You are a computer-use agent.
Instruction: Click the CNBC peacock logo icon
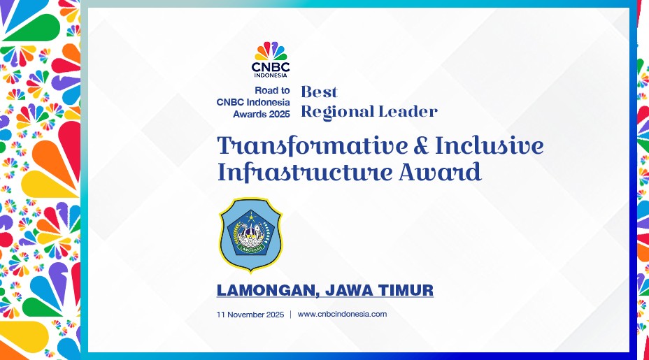tap(271, 51)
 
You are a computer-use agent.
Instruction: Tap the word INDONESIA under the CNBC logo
tap(271, 75)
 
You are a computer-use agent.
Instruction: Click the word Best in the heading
tap(319, 92)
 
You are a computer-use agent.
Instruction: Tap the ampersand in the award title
tap(421, 145)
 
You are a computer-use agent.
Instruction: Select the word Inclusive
tap(490, 145)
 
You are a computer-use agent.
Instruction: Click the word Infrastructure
tap(306, 172)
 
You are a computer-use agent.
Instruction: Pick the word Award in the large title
tap(440, 172)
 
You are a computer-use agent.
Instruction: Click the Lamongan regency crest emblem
tap(250, 235)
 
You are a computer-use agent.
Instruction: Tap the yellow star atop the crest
tap(250, 216)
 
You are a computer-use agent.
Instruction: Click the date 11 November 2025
tap(250, 315)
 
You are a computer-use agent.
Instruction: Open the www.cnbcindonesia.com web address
tap(342, 314)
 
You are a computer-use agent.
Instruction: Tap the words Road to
tap(272, 90)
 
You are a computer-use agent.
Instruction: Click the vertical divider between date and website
tap(290, 315)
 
